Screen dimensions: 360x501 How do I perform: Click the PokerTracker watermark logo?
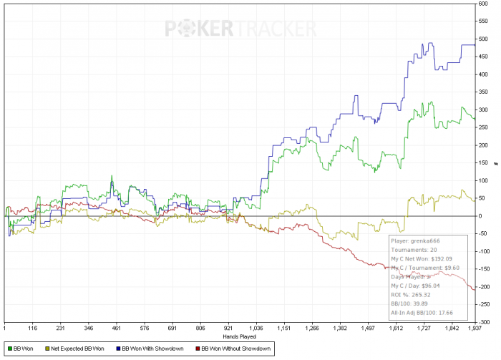[241, 28]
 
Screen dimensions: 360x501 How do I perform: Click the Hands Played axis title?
[240, 336]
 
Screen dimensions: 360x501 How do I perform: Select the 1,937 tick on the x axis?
[474, 329]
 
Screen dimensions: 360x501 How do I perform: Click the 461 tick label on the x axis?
[117, 329]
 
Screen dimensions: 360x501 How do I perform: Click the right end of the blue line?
[475, 45]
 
